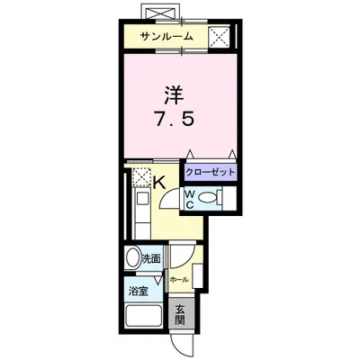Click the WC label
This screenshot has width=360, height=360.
click(x=191, y=199)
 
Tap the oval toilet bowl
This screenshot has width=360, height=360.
click(x=209, y=199)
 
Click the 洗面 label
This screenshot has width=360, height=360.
click(x=151, y=259)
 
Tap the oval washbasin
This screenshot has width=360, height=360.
click(x=132, y=258)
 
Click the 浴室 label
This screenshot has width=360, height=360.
click(x=138, y=292)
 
